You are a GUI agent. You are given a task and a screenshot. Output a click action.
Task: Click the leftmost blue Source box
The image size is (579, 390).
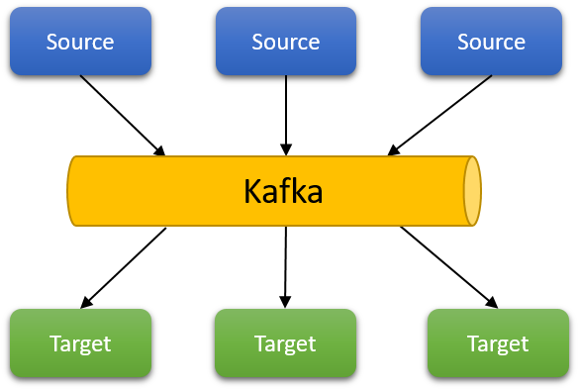(x=80, y=42)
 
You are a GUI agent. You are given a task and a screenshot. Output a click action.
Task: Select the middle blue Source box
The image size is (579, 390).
(x=286, y=42)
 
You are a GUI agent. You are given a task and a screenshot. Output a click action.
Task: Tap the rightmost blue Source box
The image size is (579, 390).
(x=491, y=42)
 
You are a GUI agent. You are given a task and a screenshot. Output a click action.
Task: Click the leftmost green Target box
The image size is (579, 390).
(x=80, y=342)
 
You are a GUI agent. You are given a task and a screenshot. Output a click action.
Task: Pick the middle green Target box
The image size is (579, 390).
(x=285, y=342)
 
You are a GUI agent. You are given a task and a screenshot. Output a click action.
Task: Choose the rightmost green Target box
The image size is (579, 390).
(x=498, y=342)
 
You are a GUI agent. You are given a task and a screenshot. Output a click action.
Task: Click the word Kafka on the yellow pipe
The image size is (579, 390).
(x=283, y=191)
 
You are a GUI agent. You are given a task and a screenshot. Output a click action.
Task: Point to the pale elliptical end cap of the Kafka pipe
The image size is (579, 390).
(x=472, y=191)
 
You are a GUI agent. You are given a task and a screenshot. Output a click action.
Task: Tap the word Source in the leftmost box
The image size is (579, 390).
(x=80, y=42)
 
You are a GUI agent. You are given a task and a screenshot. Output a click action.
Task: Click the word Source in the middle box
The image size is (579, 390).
(x=286, y=42)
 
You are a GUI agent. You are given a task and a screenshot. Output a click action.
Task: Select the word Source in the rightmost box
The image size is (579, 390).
(x=491, y=42)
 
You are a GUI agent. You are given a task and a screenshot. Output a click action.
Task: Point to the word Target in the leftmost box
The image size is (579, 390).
(x=80, y=343)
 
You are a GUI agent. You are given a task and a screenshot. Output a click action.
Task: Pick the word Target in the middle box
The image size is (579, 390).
(x=285, y=343)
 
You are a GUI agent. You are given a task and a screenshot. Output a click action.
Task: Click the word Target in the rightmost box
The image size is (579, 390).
(x=498, y=343)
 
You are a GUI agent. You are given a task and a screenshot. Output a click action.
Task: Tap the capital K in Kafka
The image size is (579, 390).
(x=252, y=191)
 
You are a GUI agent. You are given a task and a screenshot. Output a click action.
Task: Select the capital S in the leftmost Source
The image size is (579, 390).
(x=52, y=42)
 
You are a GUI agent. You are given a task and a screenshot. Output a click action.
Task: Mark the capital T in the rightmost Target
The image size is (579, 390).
(x=473, y=343)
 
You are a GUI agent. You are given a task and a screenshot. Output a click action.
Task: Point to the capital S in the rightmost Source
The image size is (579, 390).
(x=463, y=42)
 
